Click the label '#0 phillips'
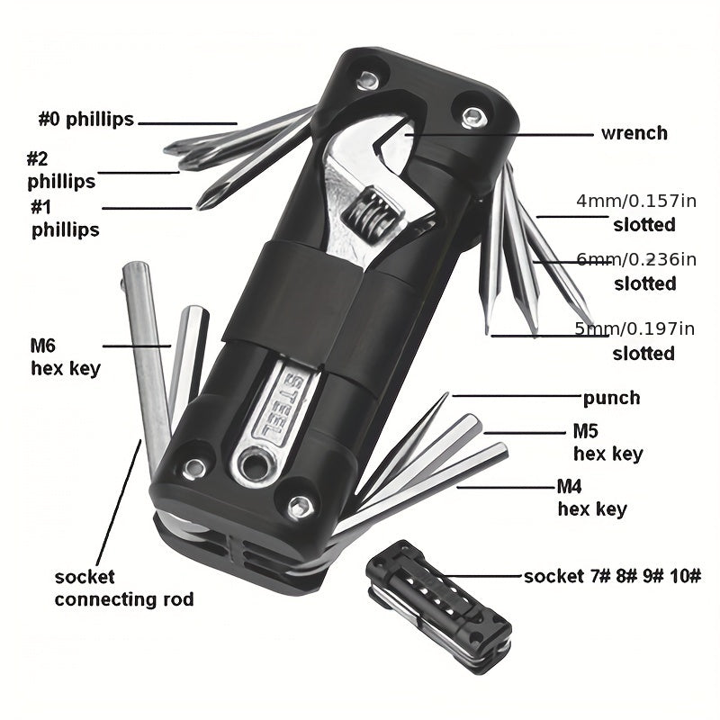tap(85, 120)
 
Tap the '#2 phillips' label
tap(61, 170)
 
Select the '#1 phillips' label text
tap(65, 219)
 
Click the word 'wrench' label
tap(634, 133)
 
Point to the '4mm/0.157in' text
tap(636, 201)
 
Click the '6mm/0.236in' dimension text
tap(636, 259)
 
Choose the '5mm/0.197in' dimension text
tap(634, 328)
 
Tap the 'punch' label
tap(611, 398)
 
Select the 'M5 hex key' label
tap(608, 442)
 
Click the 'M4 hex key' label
tap(592, 498)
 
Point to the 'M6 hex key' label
tap(65, 356)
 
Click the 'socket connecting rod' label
tap(124, 589)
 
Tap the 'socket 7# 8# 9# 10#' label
tap(613, 576)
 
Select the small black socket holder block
tap(438, 607)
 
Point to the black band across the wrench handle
tap(299, 301)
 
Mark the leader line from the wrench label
tap(499, 135)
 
